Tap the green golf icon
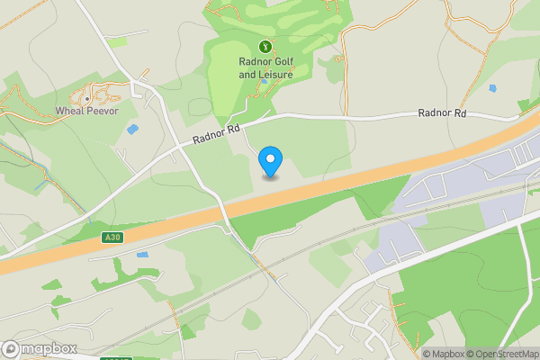click(x=265, y=46)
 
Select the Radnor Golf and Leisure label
click(x=265, y=67)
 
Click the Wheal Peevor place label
click(x=87, y=111)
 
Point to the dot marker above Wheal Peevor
click(x=87, y=98)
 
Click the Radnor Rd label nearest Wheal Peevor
click(x=217, y=135)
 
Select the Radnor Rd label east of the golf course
click(x=442, y=114)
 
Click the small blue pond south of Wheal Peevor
click(x=133, y=130)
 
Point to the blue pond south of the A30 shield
click(x=142, y=255)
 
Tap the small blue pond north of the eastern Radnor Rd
click(x=491, y=89)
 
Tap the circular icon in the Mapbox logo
click(x=11, y=349)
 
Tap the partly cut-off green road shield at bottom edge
click(x=116, y=358)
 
